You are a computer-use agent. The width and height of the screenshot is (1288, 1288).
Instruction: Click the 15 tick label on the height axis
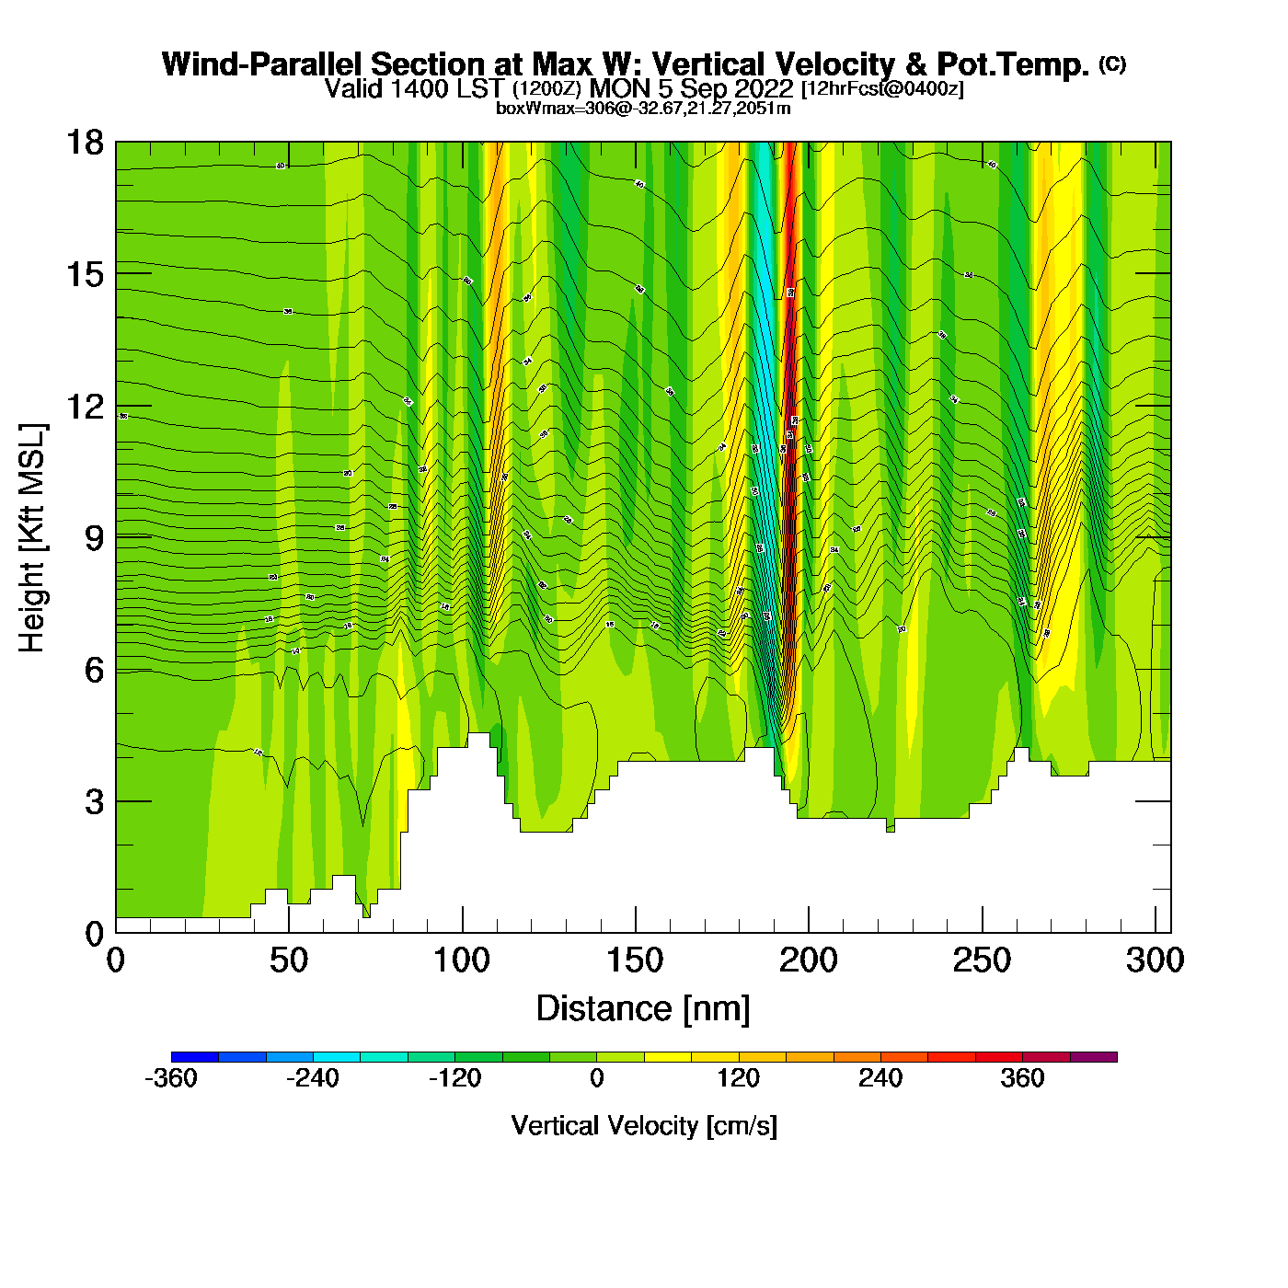pos(84,274)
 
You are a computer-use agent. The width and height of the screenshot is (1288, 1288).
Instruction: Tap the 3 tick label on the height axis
pos(94,801)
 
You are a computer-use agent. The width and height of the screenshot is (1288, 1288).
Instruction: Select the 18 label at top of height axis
pos(84,143)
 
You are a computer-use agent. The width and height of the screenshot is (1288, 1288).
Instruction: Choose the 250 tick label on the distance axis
pos(982,960)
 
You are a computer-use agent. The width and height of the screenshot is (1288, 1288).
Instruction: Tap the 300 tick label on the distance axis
pos(1156,960)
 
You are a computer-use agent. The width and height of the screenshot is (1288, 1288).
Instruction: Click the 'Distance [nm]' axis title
pos(643,1008)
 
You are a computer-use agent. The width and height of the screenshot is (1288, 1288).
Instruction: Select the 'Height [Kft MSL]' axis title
pos(32,538)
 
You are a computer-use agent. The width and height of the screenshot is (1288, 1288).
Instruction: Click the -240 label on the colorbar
pos(313,1078)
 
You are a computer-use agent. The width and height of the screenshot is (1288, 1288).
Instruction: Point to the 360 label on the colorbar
pos(1022,1078)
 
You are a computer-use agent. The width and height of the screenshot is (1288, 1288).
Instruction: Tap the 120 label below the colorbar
pos(739,1078)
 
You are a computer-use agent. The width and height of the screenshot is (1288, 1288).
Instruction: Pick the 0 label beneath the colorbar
pos(597,1078)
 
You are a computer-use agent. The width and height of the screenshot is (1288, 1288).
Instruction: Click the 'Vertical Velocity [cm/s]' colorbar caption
pos(644,1125)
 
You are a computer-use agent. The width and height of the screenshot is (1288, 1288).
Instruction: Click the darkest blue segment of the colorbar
pos(194,1057)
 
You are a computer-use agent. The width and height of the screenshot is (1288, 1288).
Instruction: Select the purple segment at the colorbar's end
pos(1094,1057)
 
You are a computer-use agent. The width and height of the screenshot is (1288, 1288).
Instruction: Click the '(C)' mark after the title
pos(1112,63)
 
